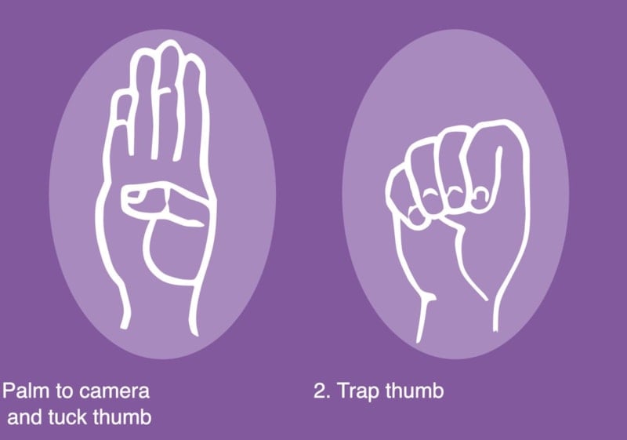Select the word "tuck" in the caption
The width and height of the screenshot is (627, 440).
click(68, 417)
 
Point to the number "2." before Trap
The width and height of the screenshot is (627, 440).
click(322, 391)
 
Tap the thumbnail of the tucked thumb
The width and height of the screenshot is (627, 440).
click(134, 195)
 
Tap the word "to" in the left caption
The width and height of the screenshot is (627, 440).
click(63, 391)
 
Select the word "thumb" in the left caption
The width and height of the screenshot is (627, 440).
click(122, 417)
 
